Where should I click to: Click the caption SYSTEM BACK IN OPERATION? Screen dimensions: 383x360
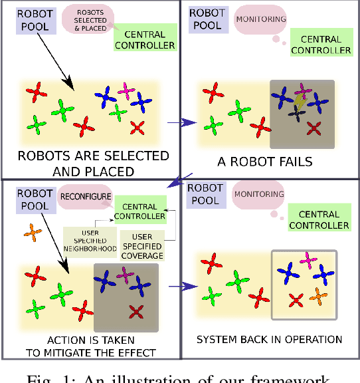[269, 340]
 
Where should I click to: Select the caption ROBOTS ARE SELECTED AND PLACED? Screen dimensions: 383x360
[93, 163]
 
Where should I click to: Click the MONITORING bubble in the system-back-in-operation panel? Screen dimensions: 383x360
[259, 195]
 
